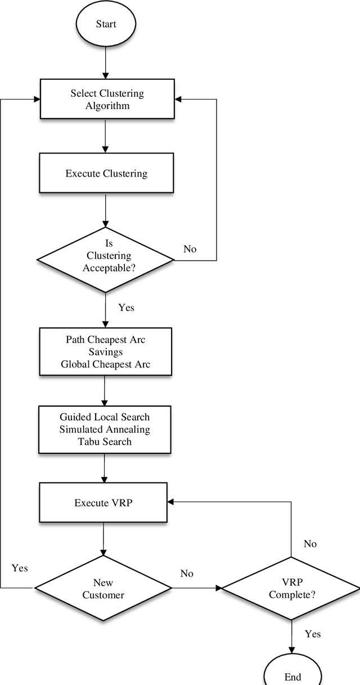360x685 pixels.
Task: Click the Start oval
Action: point(105,25)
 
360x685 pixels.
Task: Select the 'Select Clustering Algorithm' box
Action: point(106,99)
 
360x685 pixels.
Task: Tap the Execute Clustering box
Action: point(106,173)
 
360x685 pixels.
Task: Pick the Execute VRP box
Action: point(103,502)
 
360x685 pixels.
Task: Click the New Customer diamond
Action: point(103,588)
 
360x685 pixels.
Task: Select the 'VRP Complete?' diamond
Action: point(291,588)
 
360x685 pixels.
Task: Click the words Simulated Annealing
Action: point(105,430)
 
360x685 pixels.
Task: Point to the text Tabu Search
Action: point(105,441)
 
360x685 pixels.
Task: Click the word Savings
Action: point(105,352)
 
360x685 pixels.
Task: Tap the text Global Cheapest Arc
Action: point(105,364)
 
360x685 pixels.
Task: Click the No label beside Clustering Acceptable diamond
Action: point(190,249)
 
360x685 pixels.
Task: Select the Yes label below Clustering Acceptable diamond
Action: point(127,308)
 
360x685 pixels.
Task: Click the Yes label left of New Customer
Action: point(20,568)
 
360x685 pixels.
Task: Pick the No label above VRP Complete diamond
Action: point(310,544)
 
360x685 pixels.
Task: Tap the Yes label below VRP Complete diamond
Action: point(313,634)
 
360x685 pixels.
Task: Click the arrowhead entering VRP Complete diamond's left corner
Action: point(218,588)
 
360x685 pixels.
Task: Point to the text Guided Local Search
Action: point(105,417)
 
